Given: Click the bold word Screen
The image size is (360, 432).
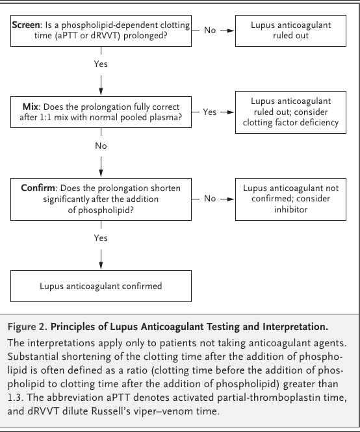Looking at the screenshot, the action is click(26, 25).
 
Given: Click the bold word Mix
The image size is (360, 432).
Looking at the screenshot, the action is click(31, 107).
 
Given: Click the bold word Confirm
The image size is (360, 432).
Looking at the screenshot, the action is click(38, 188).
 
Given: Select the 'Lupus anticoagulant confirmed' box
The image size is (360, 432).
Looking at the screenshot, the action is click(101, 286).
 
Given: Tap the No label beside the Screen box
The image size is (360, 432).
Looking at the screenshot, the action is click(210, 31).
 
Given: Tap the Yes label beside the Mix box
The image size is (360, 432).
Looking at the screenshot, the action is click(210, 112).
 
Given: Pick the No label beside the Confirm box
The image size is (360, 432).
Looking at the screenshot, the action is click(210, 198).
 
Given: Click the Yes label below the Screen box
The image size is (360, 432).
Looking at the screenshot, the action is click(101, 64).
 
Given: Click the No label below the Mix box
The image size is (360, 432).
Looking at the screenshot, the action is click(101, 146).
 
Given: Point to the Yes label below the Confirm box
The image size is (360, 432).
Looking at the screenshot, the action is click(101, 238).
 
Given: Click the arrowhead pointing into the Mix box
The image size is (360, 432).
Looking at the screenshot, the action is click(101, 92).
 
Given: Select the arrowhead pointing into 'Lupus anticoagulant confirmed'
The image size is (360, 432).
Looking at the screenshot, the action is click(101, 265).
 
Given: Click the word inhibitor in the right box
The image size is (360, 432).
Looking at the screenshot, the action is click(291, 209).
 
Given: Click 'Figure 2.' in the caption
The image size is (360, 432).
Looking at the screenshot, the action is click(28, 327).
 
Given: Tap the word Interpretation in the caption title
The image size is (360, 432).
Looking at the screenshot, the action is click(296, 327).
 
